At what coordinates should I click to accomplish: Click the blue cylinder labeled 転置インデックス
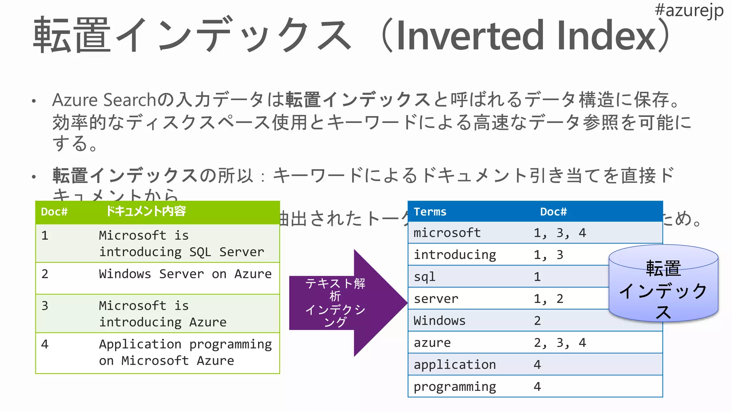point(663,286)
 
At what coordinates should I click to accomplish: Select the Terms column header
point(430,212)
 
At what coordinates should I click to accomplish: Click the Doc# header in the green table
point(54,212)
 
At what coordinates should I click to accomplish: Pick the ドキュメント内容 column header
point(145,211)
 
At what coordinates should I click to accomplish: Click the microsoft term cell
point(447,233)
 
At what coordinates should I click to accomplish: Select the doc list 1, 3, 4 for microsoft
point(559,233)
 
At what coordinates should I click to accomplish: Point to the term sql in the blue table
point(425,277)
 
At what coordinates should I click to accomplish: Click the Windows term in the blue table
point(439,321)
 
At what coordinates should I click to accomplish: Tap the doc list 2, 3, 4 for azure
point(559,343)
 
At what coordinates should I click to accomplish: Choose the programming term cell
point(455,387)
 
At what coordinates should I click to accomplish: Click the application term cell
point(455,365)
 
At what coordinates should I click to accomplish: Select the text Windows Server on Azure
point(185,274)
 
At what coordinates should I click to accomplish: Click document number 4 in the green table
point(45,344)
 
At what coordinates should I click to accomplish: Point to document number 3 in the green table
point(45,306)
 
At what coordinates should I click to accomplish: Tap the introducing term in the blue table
point(455,255)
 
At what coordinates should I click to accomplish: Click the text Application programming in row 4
point(185,344)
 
